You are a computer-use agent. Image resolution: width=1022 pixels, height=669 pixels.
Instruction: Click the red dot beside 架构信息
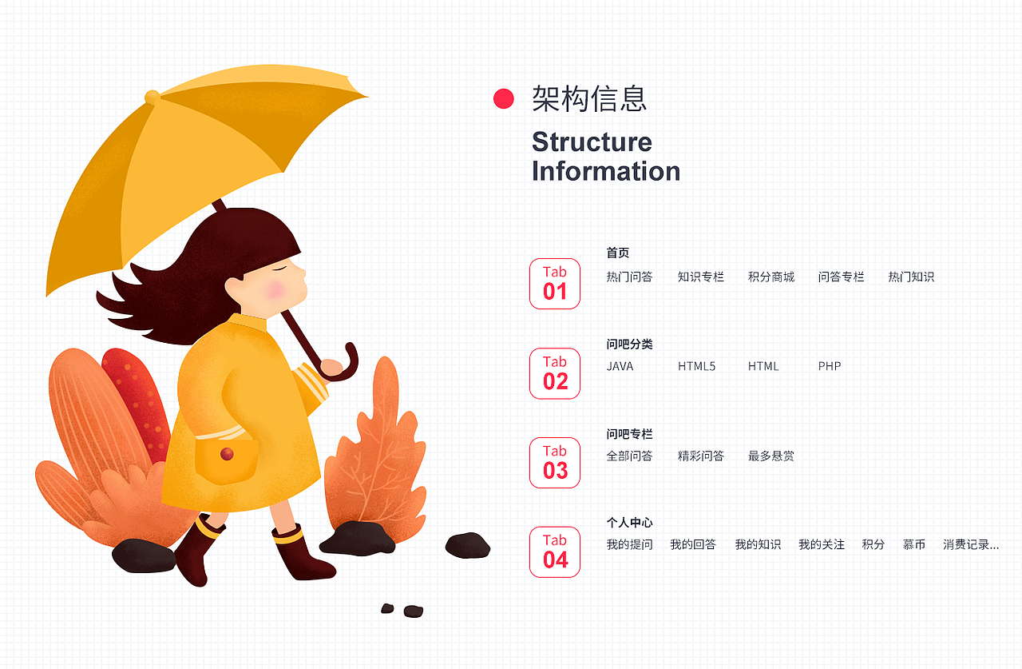504,99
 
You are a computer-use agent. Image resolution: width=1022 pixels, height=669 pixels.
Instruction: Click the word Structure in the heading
592,142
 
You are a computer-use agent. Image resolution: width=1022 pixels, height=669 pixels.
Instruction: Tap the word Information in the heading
605,171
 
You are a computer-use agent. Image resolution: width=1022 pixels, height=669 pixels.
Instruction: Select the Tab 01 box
555,283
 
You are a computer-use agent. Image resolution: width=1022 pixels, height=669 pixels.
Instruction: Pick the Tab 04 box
555,552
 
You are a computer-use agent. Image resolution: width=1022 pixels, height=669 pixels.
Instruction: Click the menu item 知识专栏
700,277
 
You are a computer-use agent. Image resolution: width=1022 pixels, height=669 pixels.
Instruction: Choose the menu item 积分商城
770,277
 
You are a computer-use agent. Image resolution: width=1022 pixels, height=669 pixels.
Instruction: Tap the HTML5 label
696,367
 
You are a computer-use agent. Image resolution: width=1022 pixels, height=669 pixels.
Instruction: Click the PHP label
830,367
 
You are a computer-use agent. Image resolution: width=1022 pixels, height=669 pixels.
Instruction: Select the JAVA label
620,367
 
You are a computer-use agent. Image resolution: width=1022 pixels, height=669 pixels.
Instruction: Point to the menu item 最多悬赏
770,456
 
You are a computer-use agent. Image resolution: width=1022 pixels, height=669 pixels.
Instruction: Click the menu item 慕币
913,545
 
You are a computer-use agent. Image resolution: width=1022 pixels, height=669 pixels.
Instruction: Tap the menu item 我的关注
821,545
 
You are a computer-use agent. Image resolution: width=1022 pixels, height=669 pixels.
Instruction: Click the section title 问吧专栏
629,434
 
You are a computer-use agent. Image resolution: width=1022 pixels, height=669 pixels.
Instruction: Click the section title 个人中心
629,523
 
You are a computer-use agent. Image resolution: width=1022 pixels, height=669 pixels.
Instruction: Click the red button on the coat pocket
227,454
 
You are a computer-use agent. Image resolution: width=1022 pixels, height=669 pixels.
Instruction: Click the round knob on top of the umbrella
152,98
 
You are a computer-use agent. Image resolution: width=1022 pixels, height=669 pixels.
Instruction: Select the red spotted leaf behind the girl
140,400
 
